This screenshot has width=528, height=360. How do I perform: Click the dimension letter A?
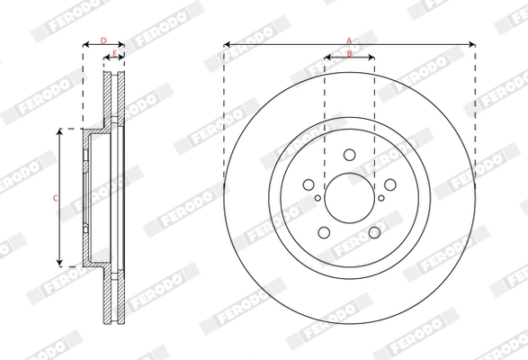pyautogui.click(x=349, y=39)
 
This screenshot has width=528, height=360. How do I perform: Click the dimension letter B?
pyautogui.click(x=349, y=55)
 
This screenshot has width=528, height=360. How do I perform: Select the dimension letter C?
pyautogui.click(x=54, y=197)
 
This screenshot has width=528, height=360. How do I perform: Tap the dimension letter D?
pyautogui.click(x=103, y=40)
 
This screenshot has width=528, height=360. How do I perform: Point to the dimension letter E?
pyautogui.click(x=113, y=55)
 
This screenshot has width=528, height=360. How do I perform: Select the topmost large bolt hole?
pyautogui.click(x=349, y=154)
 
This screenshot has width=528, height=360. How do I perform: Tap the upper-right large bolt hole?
pyautogui.click(x=390, y=184)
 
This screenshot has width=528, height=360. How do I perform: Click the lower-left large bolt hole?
pyautogui.click(x=324, y=233)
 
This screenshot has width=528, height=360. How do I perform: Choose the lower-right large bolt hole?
pyautogui.click(x=374, y=233)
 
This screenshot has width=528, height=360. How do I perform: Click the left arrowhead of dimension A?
pyautogui.click(x=226, y=44)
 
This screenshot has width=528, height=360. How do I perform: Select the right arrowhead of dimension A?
pyautogui.click(x=471, y=44)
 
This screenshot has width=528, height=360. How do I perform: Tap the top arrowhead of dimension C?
pyautogui.click(x=60, y=131)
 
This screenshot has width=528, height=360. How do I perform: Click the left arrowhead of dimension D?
pyautogui.click(x=85, y=44)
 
